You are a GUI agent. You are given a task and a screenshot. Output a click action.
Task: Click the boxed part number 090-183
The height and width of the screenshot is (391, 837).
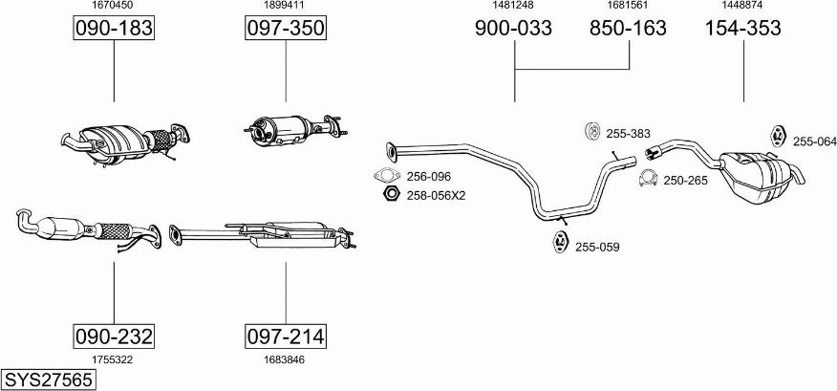113,28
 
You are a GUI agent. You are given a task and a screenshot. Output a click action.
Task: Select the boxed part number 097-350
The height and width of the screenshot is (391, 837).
286,28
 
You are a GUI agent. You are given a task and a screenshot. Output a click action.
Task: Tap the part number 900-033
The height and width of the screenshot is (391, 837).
513,28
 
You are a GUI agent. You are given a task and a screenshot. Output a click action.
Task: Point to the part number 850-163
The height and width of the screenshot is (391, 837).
628,28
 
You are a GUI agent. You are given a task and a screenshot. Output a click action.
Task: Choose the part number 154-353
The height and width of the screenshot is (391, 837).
743,28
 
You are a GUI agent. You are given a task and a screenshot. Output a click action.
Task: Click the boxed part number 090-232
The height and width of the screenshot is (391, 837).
113,337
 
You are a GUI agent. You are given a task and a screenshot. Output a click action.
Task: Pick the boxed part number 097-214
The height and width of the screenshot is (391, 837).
286,337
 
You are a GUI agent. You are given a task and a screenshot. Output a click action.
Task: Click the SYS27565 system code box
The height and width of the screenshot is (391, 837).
48,380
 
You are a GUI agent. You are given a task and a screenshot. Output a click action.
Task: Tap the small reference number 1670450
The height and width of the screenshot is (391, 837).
113,5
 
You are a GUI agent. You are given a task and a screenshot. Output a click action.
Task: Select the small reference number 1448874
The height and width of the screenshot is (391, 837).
742,5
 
